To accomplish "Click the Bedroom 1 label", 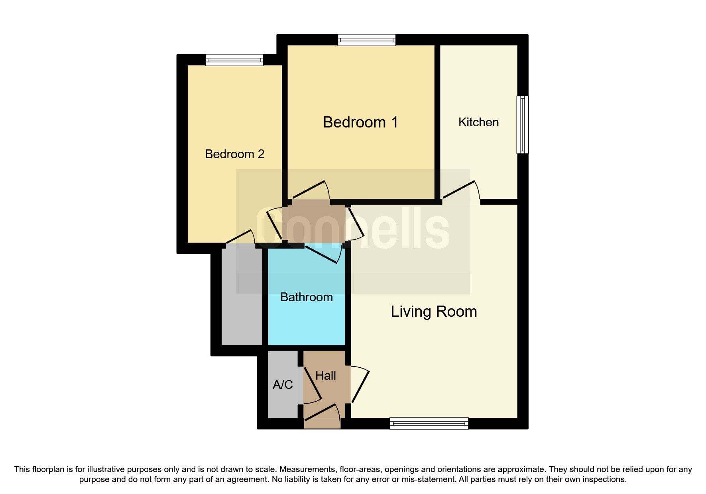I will pos(360,122).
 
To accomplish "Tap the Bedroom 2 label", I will pos(234,154).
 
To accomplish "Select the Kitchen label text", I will pos(478,122).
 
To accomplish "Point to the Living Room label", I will pos(434,312).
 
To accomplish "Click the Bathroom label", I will pos(306,297).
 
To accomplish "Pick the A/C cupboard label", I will pos(283,385).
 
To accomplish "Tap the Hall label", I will pos(325,376).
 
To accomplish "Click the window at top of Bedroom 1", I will pos(367,39).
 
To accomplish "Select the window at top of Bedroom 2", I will pos(234,60).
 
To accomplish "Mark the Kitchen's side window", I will pos(523,124).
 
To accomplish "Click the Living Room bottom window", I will pos(429,423).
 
